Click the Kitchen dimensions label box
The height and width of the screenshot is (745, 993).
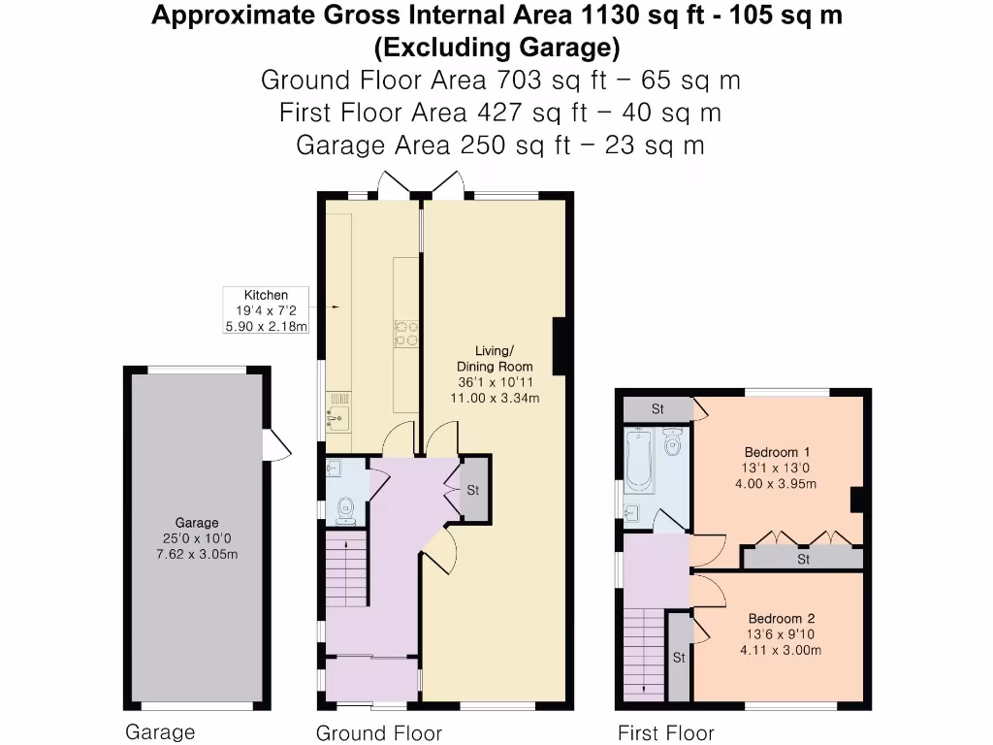click(x=266, y=310)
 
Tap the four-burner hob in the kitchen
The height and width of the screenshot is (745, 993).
click(x=405, y=333)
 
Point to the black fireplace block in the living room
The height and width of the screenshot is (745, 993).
click(x=560, y=346)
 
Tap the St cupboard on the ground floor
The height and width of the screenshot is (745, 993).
click(x=473, y=490)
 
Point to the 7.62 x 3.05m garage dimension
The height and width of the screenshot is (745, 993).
click(x=197, y=555)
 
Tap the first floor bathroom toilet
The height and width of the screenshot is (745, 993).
click(x=673, y=444)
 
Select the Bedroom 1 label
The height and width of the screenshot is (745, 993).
click(x=777, y=452)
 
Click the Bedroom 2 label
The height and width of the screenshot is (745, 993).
click(x=781, y=619)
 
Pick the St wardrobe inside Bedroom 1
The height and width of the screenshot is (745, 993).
click(x=803, y=559)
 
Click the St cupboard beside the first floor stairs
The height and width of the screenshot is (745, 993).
click(x=679, y=657)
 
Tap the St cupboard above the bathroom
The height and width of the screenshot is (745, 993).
click(x=657, y=409)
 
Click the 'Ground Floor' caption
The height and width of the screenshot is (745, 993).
click(x=379, y=733)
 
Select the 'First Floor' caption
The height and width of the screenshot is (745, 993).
click(x=666, y=733)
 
